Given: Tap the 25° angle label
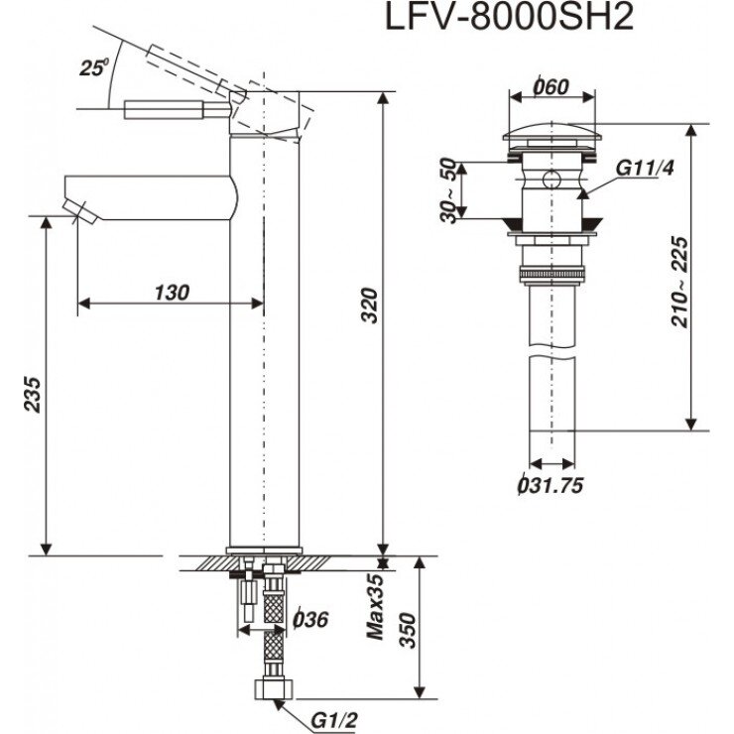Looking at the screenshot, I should pos(93,68).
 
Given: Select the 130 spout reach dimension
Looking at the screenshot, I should pos(172,292).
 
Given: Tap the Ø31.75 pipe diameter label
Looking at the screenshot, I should pos(549,485).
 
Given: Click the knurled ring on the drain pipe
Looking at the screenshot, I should pos(551,273).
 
